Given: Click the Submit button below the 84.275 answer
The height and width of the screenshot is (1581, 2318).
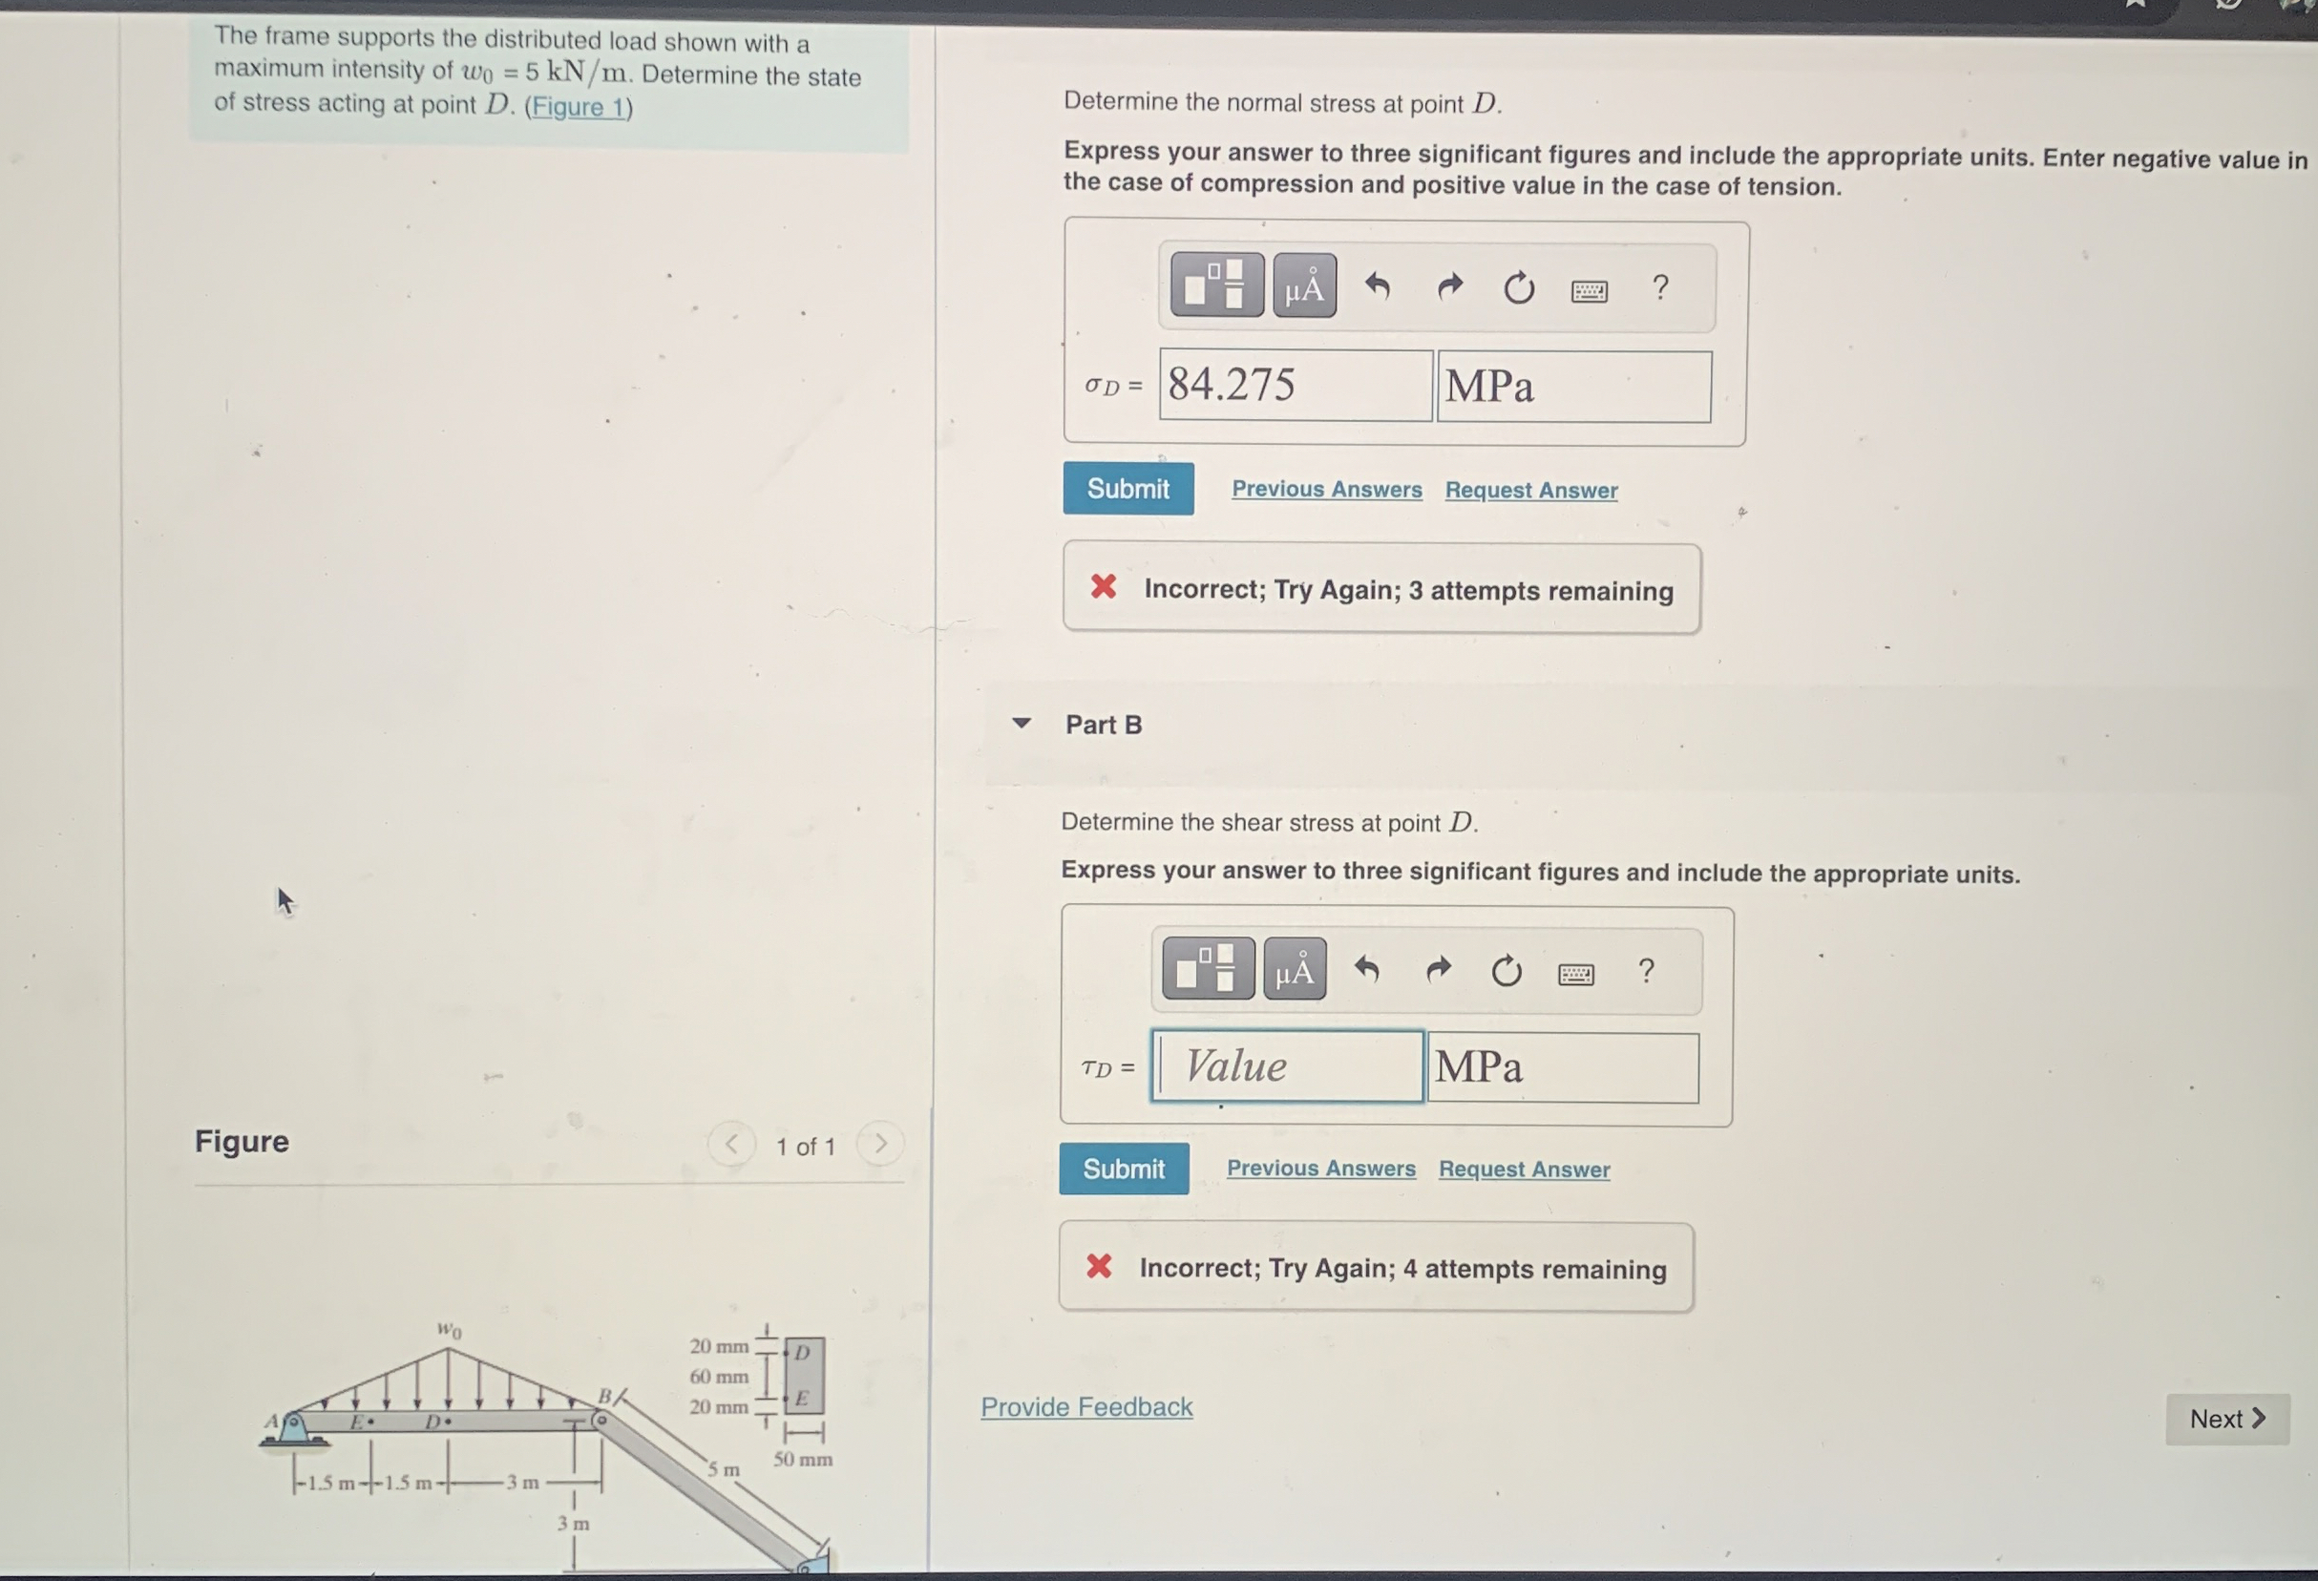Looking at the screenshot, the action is pyautogui.click(x=1128, y=489).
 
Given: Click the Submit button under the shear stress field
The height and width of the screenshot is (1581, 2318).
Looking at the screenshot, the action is pyautogui.click(x=1124, y=1168).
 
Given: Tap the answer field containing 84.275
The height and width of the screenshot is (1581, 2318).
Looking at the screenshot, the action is pyautogui.click(x=1296, y=385).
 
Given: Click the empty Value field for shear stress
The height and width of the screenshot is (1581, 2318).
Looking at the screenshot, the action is pyautogui.click(x=1288, y=1066).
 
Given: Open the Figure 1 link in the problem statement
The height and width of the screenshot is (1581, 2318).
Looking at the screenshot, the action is pyautogui.click(x=579, y=106).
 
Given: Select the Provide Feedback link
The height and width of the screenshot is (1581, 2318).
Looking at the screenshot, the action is pyautogui.click(x=1086, y=1406).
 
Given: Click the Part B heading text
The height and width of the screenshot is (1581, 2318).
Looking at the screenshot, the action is pyautogui.click(x=1103, y=725).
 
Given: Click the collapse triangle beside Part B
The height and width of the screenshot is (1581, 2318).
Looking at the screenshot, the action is pyautogui.click(x=1022, y=723).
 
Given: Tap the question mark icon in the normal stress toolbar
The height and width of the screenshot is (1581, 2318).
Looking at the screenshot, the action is pyautogui.click(x=1659, y=287).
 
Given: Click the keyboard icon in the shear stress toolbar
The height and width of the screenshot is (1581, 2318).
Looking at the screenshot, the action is pyautogui.click(x=1576, y=974).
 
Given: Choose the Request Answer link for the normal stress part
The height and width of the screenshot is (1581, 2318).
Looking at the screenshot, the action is pyautogui.click(x=1531, y=490).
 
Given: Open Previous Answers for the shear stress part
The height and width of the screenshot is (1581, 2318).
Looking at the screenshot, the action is pyautogui.click(x=1320, y=1168).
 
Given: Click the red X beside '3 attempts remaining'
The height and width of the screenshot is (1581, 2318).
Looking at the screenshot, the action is pyautogui.click(x=1103, y=586).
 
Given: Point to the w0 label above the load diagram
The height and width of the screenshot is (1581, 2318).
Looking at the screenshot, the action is pyautogui.click(x=450, y=1329).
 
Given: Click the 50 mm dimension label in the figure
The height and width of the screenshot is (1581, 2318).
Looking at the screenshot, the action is pyautogui.click(x=803, y=1458).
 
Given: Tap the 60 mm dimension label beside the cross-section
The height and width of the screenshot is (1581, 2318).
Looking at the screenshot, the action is pyautogui.click(x=718, y=1377).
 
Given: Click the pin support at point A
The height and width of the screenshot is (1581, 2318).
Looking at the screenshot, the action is pyautogui.click(x=293, y=1427).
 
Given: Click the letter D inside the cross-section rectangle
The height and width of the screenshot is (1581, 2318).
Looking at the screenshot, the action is pyautogui.click(x=802, y=1352).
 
